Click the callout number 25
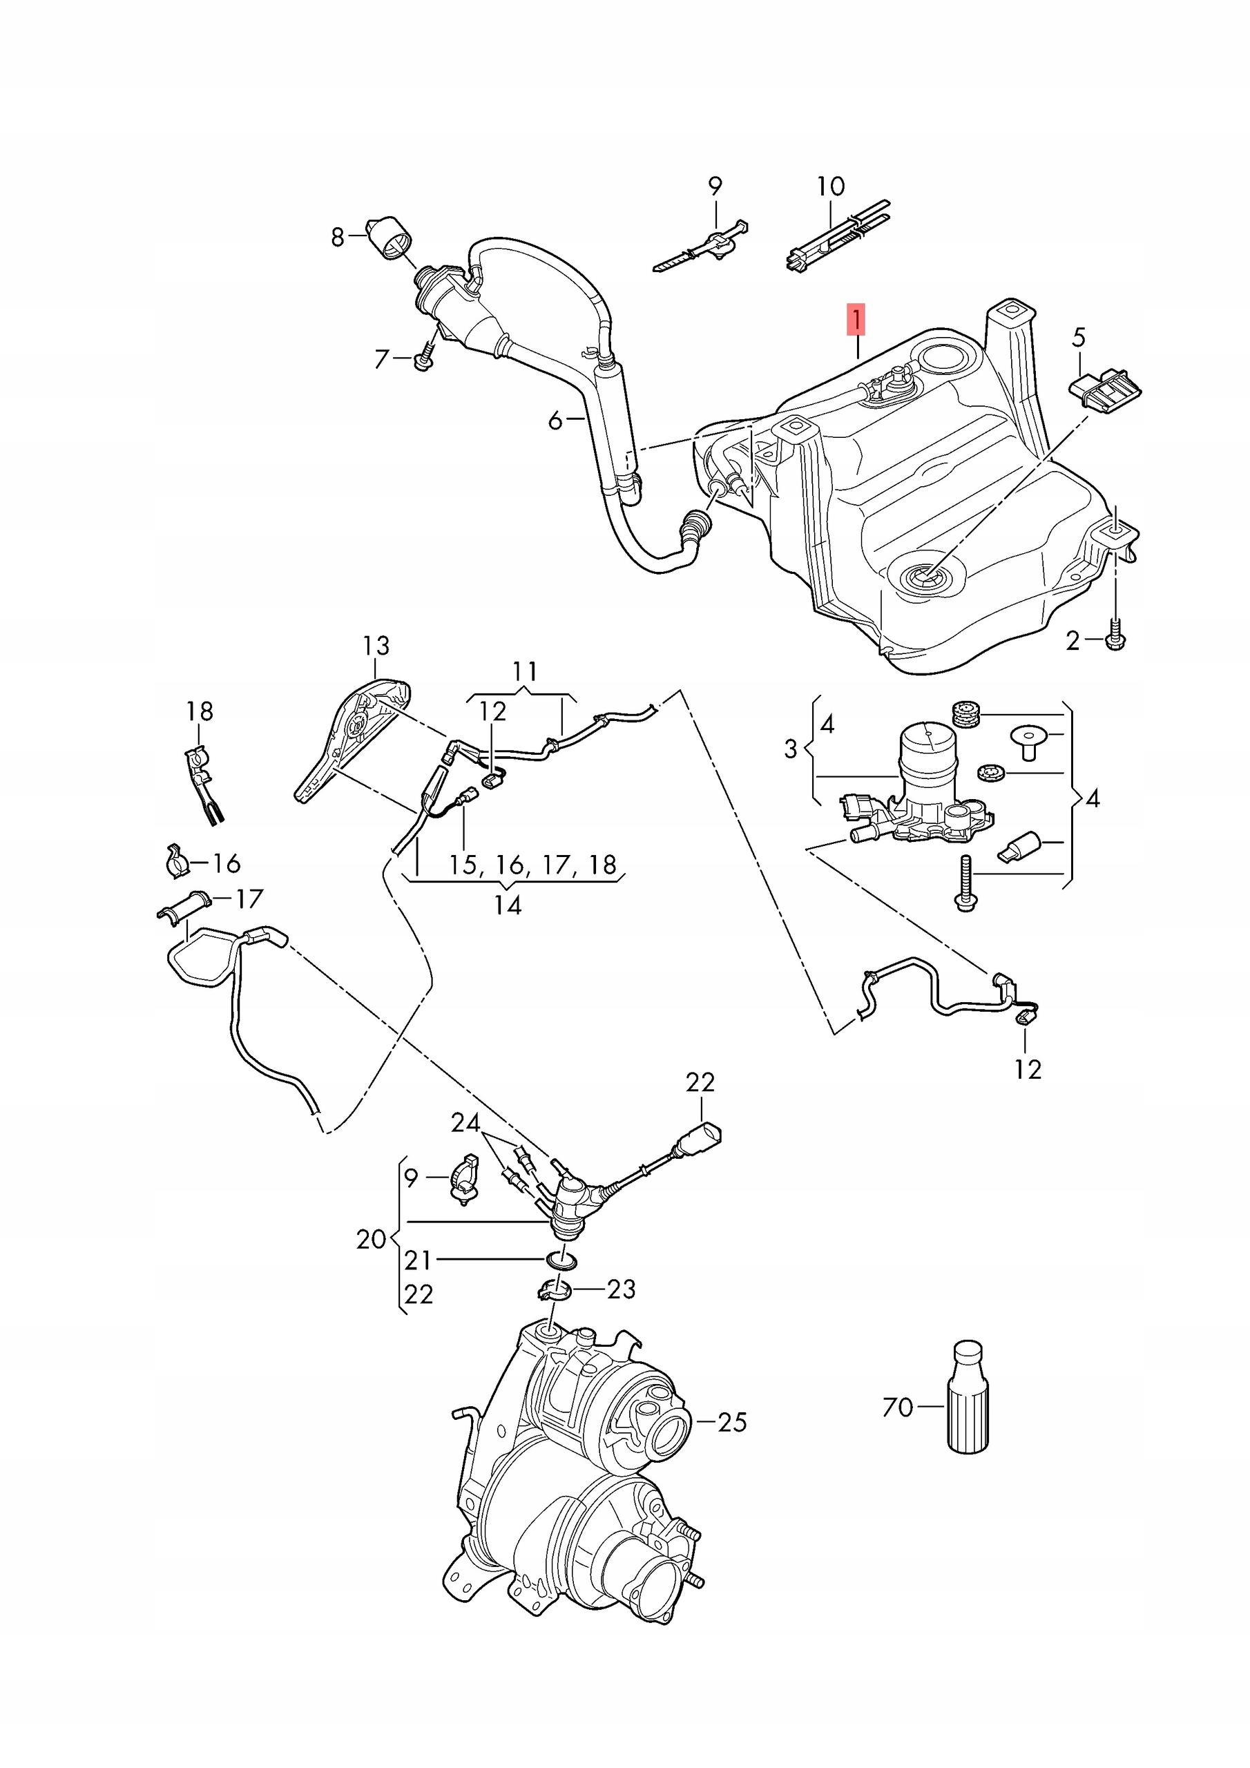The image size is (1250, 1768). click(x=731, y=1421)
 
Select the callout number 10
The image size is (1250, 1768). click(x=831, y=186)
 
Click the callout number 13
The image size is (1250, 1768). click(x=376, y=645)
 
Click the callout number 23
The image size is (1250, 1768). click(x=622, y=1287)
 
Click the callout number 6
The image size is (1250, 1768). click(x=555, y=421)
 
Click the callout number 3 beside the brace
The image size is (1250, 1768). click(x=790, y=749)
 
